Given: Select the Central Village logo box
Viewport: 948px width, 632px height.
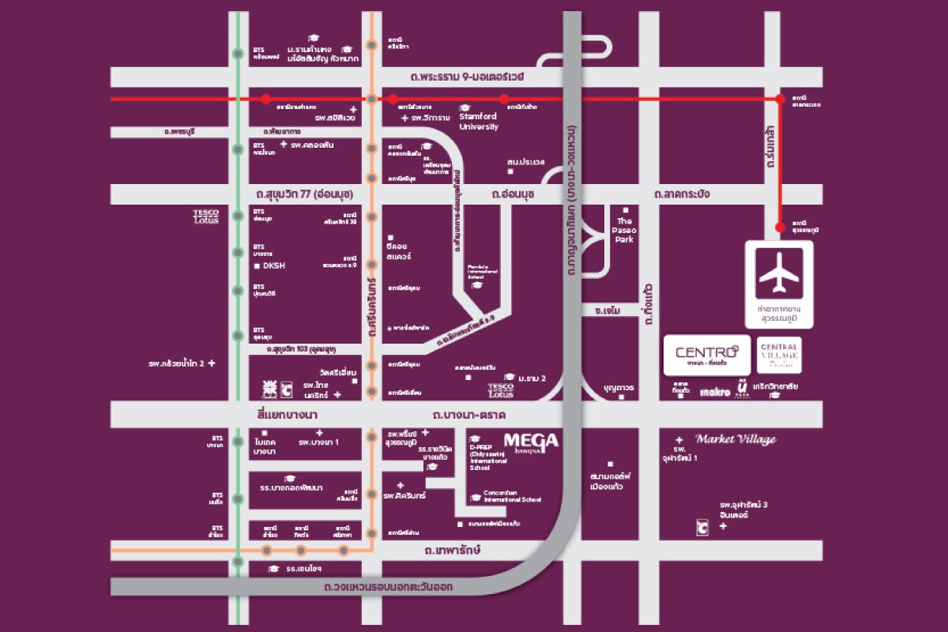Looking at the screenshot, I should (780, 355).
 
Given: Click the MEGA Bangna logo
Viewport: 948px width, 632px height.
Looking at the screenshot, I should (531, 442).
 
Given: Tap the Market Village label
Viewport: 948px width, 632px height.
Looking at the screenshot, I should (735, 439).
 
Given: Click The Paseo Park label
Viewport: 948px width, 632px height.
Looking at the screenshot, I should (625, 230).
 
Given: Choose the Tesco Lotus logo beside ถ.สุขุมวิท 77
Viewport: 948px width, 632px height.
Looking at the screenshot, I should (205, 216).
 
